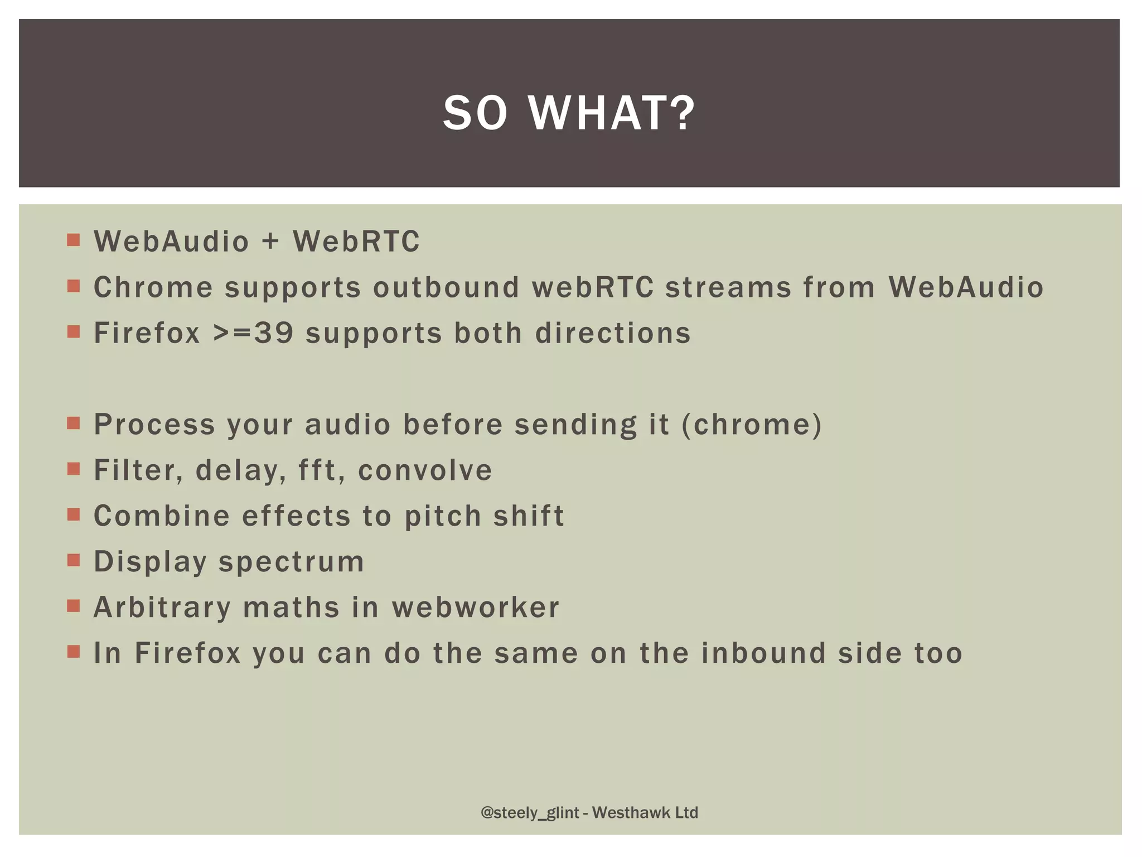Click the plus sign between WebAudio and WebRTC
[270, 242]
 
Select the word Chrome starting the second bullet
[153, 287]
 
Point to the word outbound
[446, 287]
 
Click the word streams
[728, 287]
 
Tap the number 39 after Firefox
[274, 333]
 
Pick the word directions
[613, 333]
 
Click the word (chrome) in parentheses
[752, 425]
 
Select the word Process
[154, 425]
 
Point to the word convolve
[425, 470]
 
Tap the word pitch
[443, 516]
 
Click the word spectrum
[291, 562]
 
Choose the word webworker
[475, 608]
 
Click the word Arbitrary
[162, 608]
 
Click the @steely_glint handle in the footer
[530, 813]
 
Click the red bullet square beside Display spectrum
[74, 560]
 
